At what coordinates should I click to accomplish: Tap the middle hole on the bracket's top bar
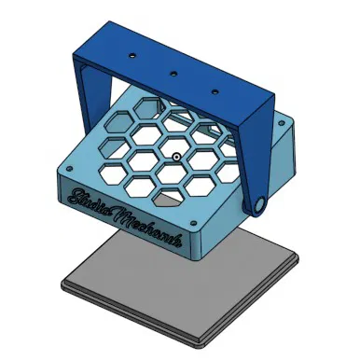(173, 73)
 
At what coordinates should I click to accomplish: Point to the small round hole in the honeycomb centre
(176, 156)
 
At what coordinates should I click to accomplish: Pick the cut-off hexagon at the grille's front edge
(168, 199)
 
